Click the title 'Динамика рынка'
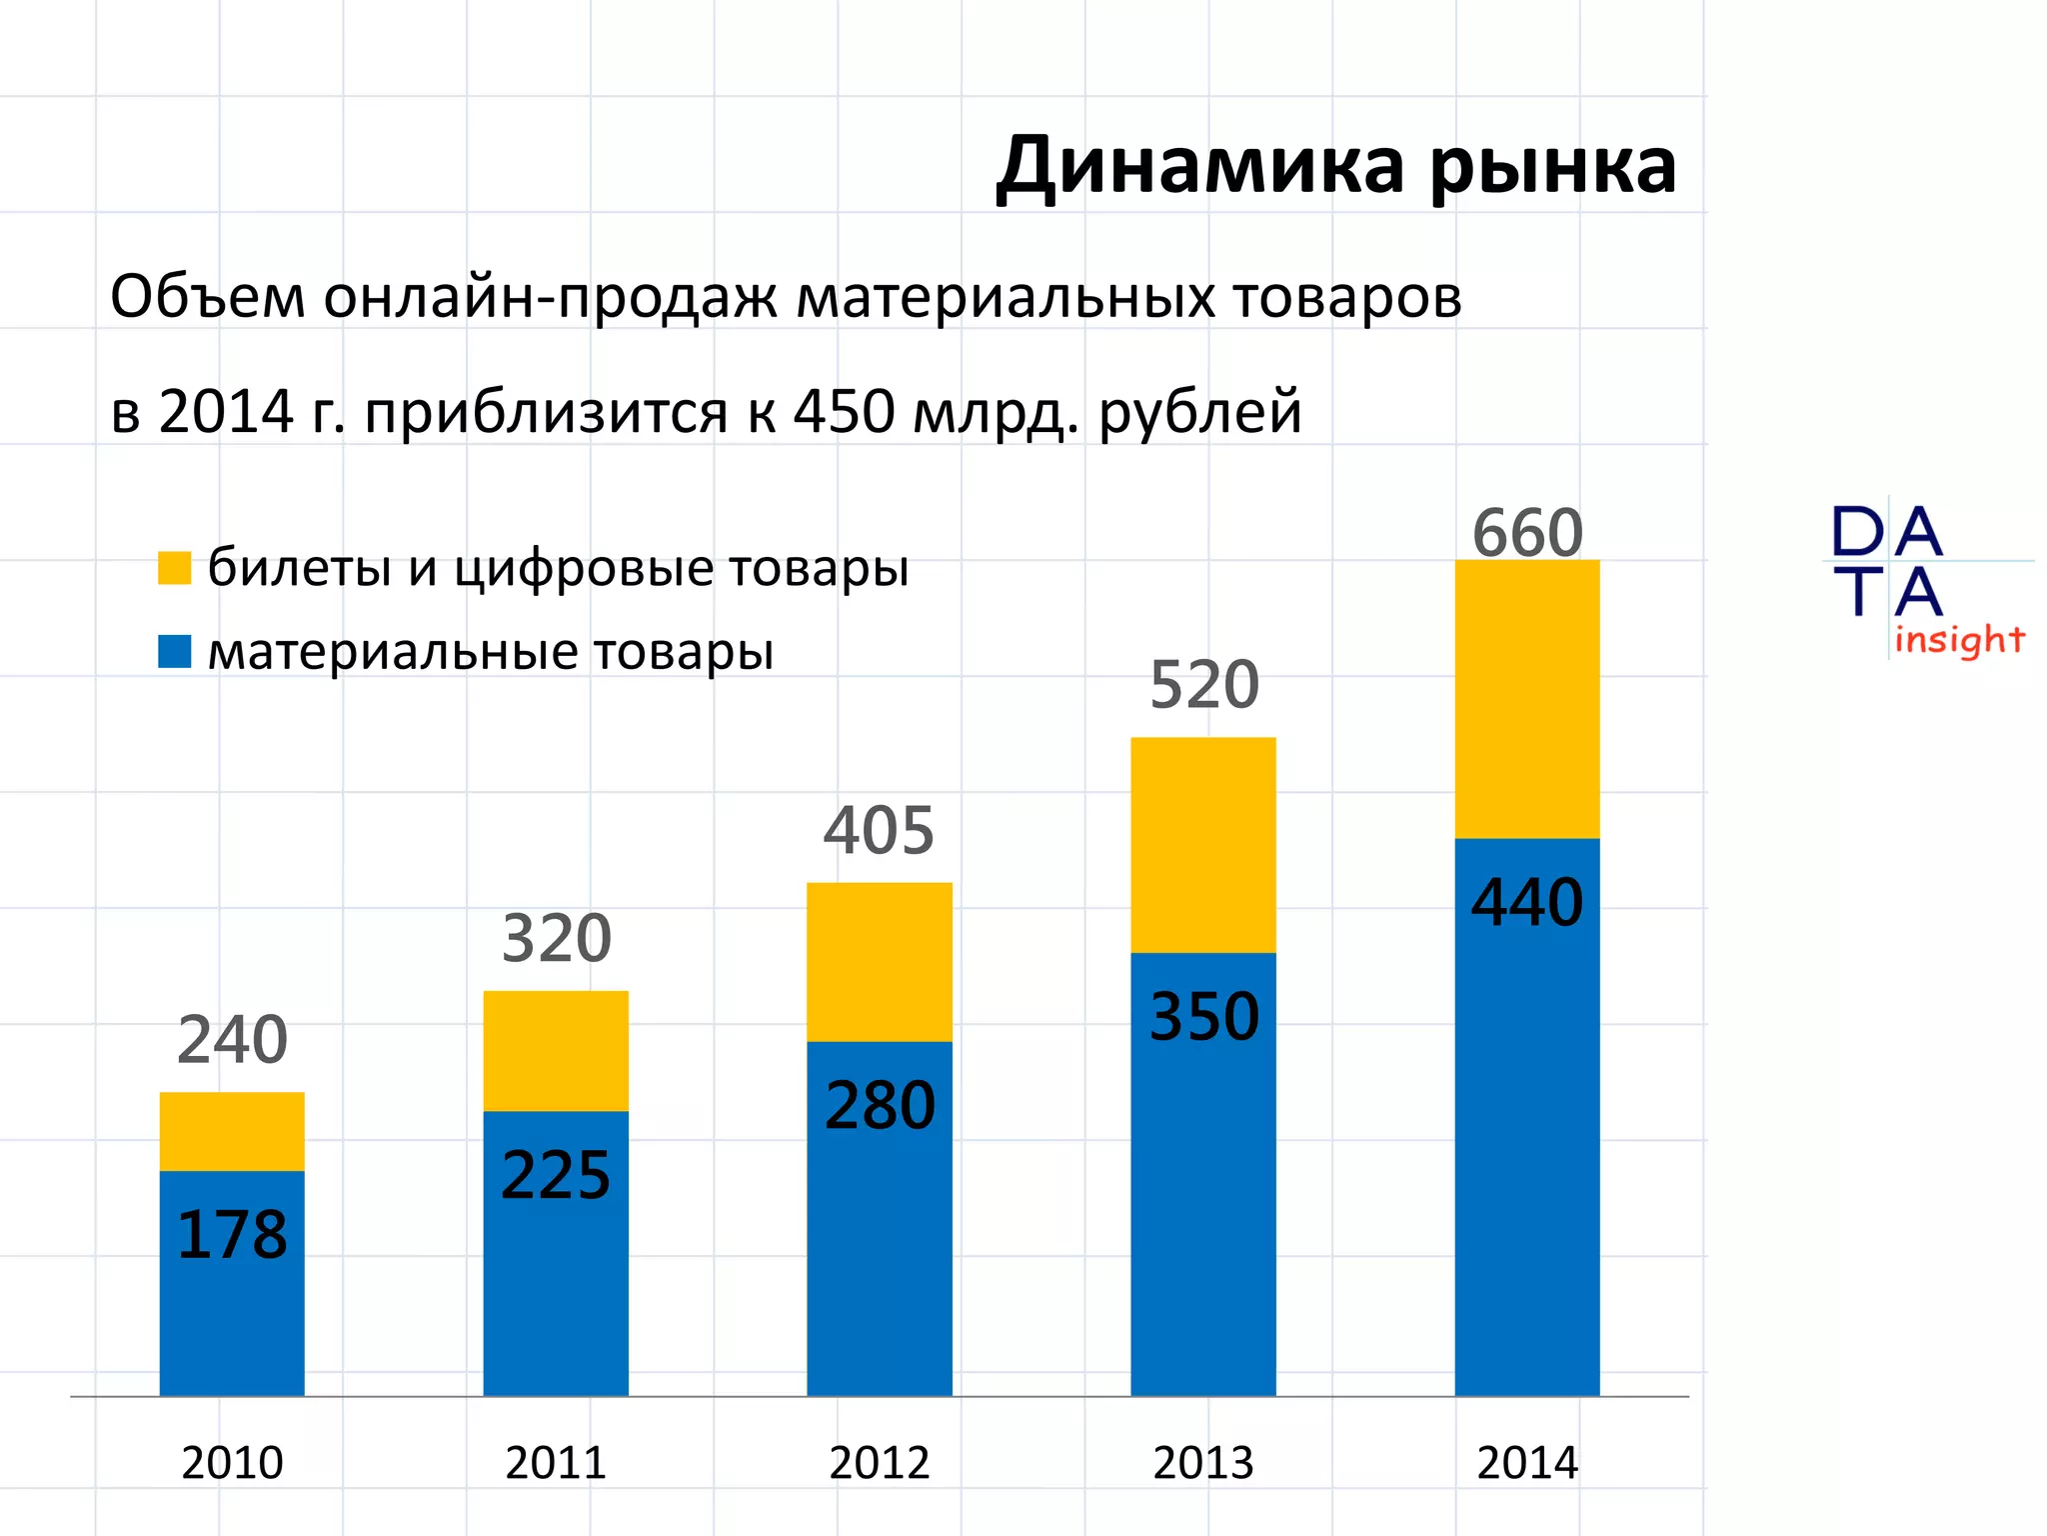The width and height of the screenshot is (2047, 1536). click(x=1335, y=166)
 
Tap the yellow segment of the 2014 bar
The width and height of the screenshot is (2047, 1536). click(x=1526, y=700)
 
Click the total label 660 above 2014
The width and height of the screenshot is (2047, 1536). click(x=1527, y=533)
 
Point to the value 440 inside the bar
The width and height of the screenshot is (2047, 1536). click(x=1526, y=902)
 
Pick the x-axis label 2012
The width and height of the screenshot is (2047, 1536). click(x=879, y=1463)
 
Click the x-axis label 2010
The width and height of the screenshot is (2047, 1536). click(x=232, y=1463)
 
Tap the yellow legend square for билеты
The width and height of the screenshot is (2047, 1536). click(x=174, y=568)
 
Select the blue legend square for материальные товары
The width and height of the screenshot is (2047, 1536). click(x=174, y=651)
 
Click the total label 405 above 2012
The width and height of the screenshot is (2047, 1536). click(x=879, y=831)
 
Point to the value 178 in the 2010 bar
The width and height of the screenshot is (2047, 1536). click(x=232, y=1235)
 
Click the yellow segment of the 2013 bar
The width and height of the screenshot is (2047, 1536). click(x=1202, y=845)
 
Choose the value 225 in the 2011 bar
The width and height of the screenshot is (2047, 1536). click(x=556, y=1175)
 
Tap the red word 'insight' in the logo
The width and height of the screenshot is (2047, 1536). click(x=1958, y=640)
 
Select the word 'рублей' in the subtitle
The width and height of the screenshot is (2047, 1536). click(x=1199, y=413)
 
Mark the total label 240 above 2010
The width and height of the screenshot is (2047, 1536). click(x=232, y=1040)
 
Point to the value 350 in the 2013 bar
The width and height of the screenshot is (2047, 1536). click(x=1203, y=1017)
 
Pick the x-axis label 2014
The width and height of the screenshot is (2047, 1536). click(x=1526, y=1463)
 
